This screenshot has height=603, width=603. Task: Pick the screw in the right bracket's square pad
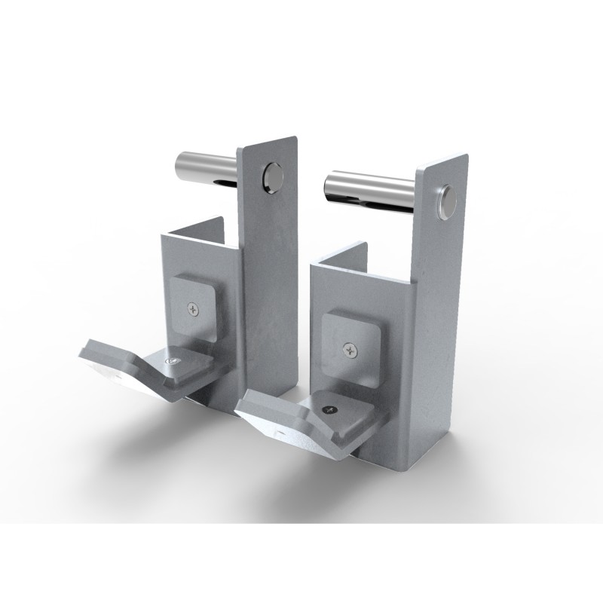(x=349, y=348)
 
